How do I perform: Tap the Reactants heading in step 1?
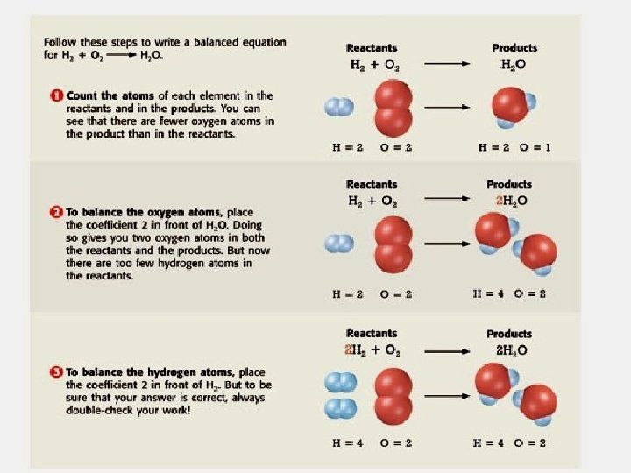point(372,48)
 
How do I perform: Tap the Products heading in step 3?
point(509,334)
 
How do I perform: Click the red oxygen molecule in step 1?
point(392,107)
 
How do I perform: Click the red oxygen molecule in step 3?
point(392,396)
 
